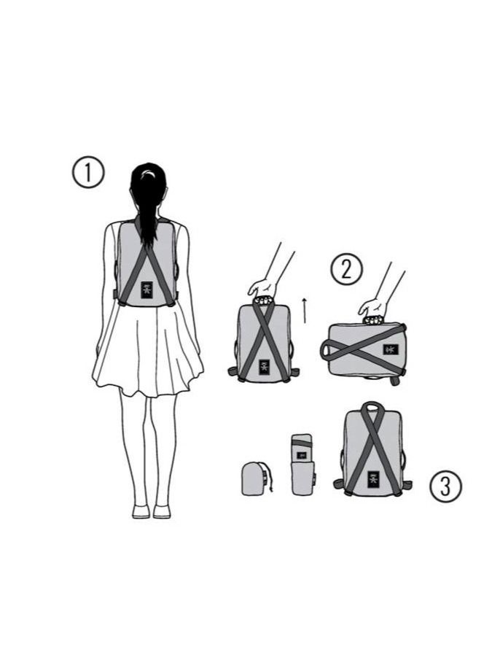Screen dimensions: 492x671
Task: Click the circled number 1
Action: click(x=87, y=172)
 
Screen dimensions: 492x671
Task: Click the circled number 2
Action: click(x=346, y=269)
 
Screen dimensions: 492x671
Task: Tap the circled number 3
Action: click(x=445, y=486)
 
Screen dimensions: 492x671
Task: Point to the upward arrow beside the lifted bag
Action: click(x=305, y=311)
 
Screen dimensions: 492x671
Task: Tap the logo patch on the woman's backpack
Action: click(x=147, y=290)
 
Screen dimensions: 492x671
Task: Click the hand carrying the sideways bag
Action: click(x=372, y=307)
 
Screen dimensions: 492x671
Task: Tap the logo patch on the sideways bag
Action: click(x=390, y=349)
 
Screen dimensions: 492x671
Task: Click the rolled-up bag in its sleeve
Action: click(x=303, y=465)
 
